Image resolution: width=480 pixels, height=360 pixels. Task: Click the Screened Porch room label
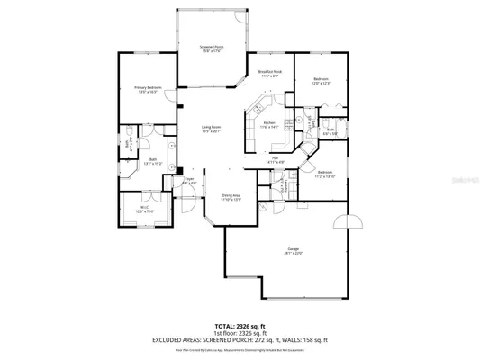(212, 49)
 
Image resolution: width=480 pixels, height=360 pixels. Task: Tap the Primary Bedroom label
(148, 89)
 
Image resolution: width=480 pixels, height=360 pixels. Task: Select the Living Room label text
(212, 129)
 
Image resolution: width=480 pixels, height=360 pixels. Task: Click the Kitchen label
(268, 124)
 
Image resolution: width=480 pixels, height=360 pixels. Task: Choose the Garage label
(294, 250)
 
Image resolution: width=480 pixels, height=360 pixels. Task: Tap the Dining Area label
(231, 197)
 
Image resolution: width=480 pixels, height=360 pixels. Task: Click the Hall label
(275, 159)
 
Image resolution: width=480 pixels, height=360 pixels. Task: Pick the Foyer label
(190, 181)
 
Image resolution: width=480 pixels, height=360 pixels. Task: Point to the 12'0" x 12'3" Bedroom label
(321, 81)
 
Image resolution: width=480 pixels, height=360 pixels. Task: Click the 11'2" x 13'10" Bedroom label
(324, 174)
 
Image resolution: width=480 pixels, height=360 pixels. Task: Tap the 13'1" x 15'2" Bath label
(153, 161)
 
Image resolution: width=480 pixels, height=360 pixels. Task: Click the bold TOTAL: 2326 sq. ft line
(240, 325)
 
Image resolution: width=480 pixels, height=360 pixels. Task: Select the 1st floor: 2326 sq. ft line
(240, 332)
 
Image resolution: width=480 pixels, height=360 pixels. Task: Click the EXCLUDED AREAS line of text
(240, 339)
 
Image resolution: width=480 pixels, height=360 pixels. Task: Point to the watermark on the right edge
(468, 180)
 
